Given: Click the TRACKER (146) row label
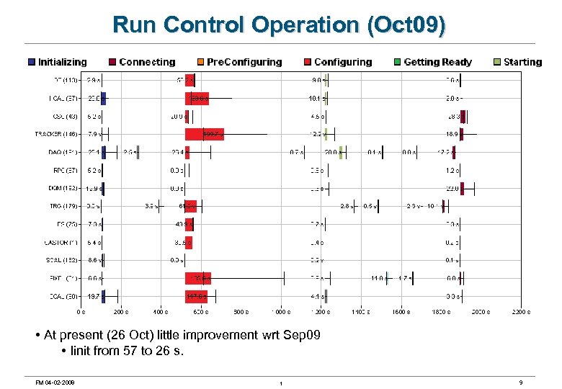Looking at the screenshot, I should point(57,133).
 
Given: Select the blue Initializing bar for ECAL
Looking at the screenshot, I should point(103,295).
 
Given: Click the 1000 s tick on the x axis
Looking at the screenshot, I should point(281,312).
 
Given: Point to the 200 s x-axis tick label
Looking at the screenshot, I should point(121,312).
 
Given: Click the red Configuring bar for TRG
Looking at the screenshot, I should point(191,206).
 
